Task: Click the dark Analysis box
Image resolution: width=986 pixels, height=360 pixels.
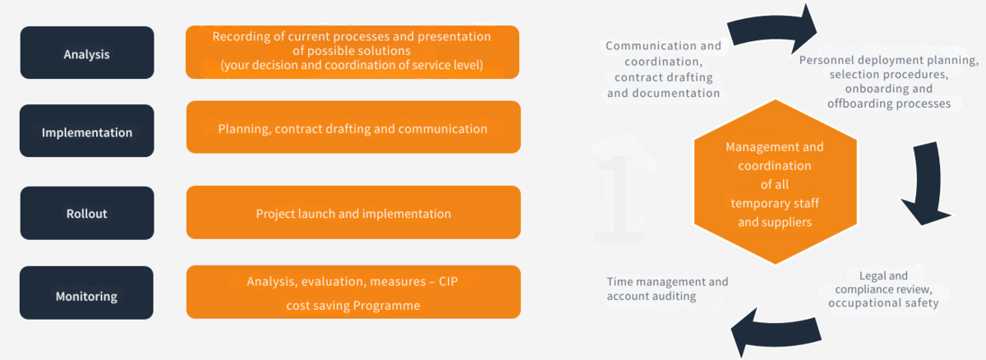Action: pyautogui.click(x=87, y=53)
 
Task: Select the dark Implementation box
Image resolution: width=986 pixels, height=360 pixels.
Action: pyautogui.click(x=87, y=131)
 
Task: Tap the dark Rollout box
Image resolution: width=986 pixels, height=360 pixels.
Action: pyautogui.click(x=87, y=213)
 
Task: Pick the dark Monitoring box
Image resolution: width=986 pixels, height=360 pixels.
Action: pyautogui.click(x=87, y=293)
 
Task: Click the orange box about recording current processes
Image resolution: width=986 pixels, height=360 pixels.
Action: pyautogui.click(x=352, y=52)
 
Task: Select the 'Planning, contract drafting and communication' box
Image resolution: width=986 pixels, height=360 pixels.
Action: pyautogui.click(x=353, y=127)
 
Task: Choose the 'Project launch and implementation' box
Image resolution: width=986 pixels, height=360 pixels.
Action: pyautogui.click(x=353, y=213)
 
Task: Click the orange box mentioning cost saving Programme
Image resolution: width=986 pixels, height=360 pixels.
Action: pyautogui.click(x=353, y=293)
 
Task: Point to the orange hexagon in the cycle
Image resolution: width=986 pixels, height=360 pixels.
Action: pyautogui.click(x=775, y=182)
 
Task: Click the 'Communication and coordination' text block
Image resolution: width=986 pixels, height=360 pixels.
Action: pyautogui.click(x=663, y=70)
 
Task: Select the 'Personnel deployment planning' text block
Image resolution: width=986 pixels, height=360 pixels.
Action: pyautogui.click(x=889, y=82)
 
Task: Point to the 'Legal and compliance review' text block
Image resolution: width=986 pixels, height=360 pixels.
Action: pyautogui.click(x=883, y=289)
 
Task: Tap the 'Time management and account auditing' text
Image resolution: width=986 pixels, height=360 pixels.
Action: pyautogui.click(x=667, y=288)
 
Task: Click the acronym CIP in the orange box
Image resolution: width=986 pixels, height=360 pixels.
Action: pyautogui.click(x=448, y=281)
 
